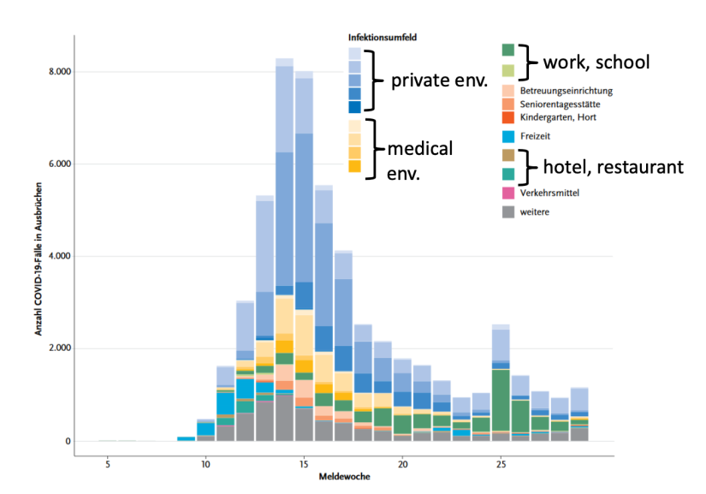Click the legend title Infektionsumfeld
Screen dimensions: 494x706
tap(383, 38)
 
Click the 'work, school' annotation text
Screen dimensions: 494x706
tap(597, 62)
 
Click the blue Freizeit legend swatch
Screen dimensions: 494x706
tap(508, 135)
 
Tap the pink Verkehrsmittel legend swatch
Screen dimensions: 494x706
tap(508, 193)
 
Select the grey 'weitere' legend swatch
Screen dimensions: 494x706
tap(508, 211)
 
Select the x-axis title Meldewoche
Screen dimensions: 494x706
tap(342, 476)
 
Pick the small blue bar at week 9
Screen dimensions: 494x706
tap(186, 438)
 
